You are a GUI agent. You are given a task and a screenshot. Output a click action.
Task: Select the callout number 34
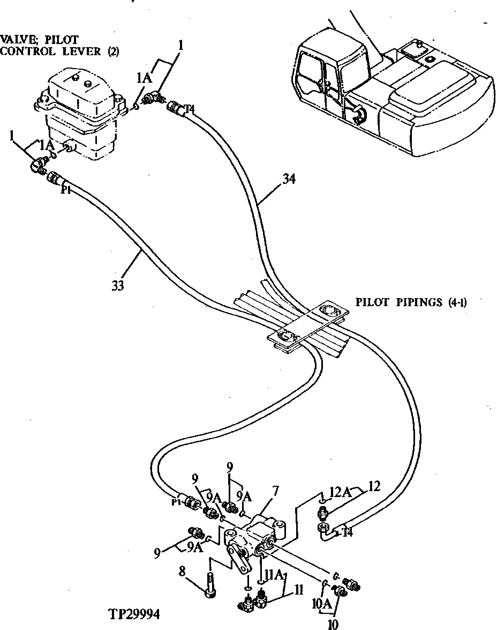click(289, 179)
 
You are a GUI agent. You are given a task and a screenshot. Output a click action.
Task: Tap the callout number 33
click(118, 286)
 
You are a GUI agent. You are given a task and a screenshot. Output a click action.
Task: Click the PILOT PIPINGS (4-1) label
click(411, 302)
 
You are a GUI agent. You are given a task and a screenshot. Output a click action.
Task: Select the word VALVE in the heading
click(17, 40)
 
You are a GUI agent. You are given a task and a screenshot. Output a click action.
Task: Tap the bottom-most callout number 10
click(333, 624)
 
